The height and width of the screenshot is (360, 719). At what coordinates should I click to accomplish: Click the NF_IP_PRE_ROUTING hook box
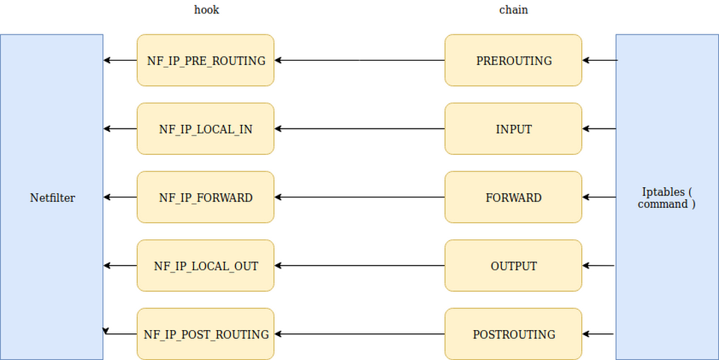tap(205, 60)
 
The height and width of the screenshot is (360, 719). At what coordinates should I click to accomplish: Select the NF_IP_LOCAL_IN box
tap(205, 129)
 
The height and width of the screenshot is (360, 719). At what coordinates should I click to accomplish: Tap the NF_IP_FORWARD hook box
tap(205, 198)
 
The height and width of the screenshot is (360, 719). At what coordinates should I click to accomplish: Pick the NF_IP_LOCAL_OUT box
tap(205, 266)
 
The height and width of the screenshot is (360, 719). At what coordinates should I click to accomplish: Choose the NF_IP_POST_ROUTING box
tap(205, 335)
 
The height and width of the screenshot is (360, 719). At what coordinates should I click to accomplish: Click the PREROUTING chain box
tap(513, 60)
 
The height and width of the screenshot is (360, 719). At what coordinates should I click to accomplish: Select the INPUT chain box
tap(513, 129)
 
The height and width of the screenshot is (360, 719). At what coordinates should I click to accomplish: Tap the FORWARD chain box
tap(513, 198)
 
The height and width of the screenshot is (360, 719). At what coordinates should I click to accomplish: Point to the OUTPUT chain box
tap(513, 266)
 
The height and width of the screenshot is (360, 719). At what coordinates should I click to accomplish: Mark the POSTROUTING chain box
tap(513, 335)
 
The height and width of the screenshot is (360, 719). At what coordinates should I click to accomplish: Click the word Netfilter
tap(52, 198)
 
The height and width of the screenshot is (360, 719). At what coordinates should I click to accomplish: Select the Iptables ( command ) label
tap(667, 198)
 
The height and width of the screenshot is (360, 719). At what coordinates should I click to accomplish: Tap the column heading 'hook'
tap(206, 10)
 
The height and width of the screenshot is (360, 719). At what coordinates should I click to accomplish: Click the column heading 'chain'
tap(513, 10)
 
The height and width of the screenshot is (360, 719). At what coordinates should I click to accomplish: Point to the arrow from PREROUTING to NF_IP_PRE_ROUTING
tap(359, 60)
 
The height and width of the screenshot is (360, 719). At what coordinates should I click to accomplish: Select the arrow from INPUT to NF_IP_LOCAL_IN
tap(359, 129)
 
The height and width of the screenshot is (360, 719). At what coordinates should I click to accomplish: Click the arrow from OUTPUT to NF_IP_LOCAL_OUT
tap(359, 266)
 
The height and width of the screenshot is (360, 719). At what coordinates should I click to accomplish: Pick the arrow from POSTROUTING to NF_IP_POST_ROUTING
tap(359, 335)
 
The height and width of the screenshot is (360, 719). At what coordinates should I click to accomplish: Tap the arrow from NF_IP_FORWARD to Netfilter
tap(120, 198)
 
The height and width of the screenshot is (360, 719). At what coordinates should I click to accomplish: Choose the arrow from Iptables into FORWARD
tap(599, 198)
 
